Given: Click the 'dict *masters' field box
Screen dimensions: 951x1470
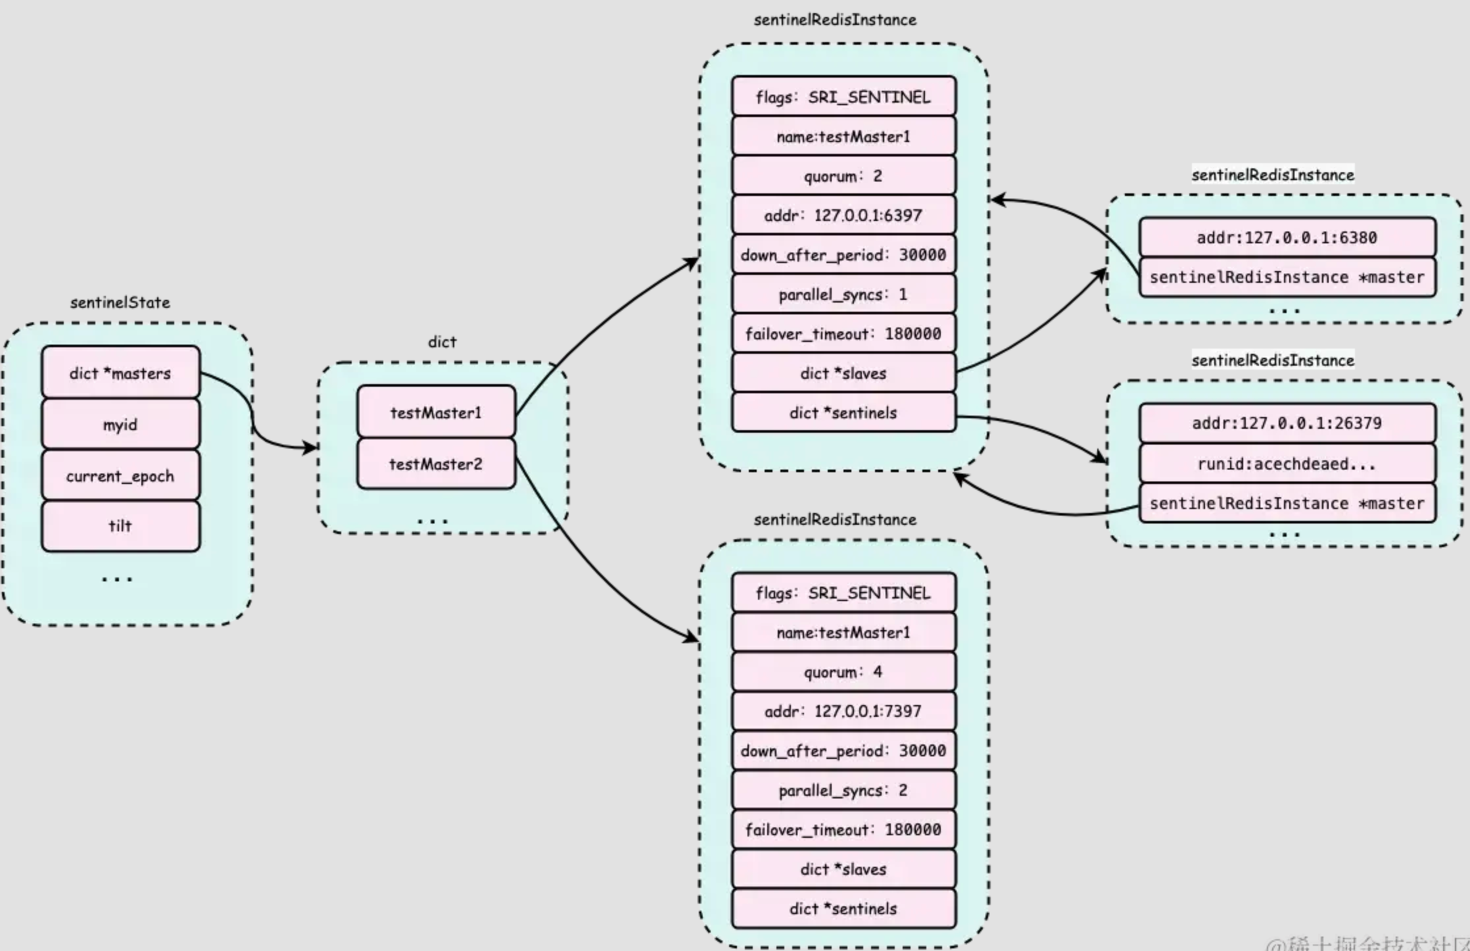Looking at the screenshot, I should point(120,373).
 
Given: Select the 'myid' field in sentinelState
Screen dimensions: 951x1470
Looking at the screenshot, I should point(120,424).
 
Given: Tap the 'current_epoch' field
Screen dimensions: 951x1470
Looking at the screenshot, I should point(120,475).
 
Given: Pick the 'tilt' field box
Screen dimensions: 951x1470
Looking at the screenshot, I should point(120,525).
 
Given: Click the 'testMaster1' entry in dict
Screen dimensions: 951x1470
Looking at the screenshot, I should point(436,412).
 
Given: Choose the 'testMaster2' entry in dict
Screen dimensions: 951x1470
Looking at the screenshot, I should point(436,464).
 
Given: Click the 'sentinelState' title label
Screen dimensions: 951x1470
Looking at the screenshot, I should point(120,303).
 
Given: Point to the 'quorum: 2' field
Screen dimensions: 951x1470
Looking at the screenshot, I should point(843,176).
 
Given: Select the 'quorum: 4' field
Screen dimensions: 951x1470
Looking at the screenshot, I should point(843,671).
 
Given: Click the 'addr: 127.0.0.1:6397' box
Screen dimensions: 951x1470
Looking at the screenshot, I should point(843,215).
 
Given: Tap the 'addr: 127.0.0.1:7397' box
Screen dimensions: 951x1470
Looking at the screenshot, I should point(843,711).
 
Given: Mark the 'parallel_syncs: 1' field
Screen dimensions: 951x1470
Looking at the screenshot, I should point(843,294).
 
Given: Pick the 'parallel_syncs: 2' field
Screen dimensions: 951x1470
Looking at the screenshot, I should point(843,790).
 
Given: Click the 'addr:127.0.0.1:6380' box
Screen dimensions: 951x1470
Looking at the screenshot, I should point(1287,237).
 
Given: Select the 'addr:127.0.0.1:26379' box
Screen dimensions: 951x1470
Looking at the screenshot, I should point(1287,423).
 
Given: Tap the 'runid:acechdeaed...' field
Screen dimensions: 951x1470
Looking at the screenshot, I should point(1287,464).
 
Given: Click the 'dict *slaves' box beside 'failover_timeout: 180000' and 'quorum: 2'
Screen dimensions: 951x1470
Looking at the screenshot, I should point(843,373).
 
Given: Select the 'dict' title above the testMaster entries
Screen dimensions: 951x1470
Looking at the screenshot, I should point(442,342).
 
